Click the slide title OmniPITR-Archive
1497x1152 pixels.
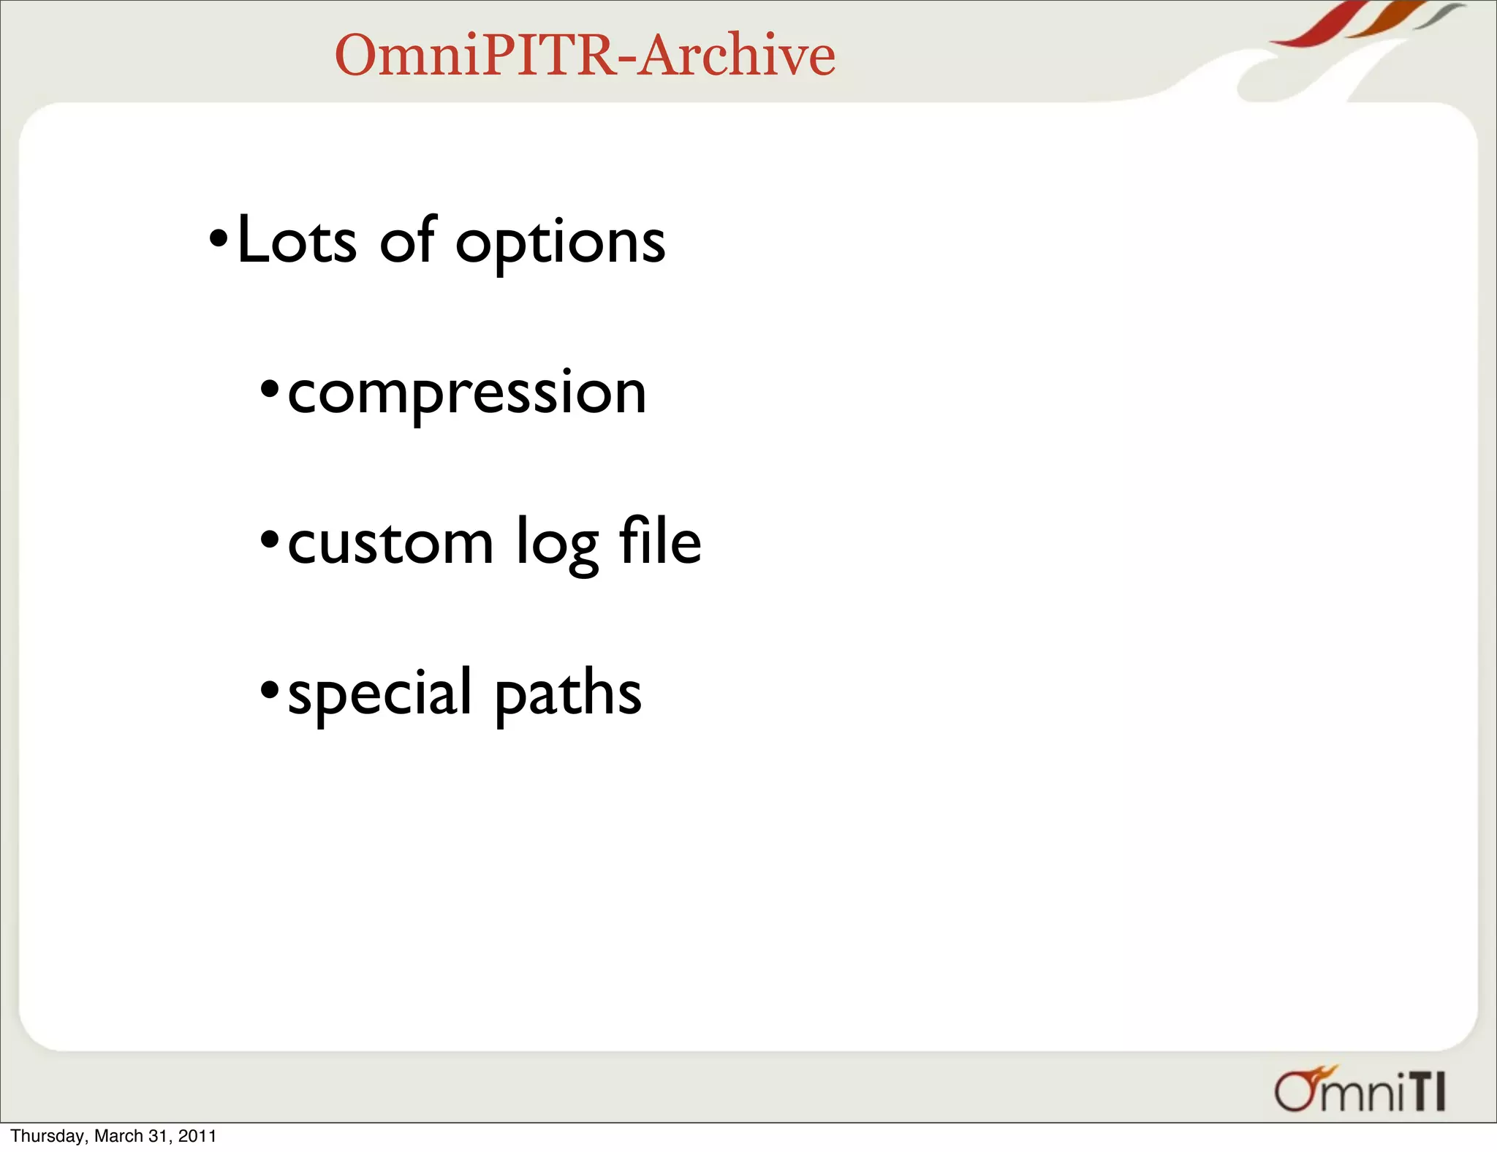click(x=585, y=56)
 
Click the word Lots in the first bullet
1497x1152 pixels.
click(x=297, y=240)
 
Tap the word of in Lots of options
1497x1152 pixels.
click(x=407, y=240)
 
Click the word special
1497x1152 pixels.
click(x=379, y=694)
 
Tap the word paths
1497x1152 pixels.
click(x=568, y=694)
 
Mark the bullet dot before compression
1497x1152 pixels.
click(x=270, y=389)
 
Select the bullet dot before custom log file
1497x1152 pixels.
click(x=270, y=540)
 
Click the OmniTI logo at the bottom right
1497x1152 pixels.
click(x=1360, y=1091)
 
